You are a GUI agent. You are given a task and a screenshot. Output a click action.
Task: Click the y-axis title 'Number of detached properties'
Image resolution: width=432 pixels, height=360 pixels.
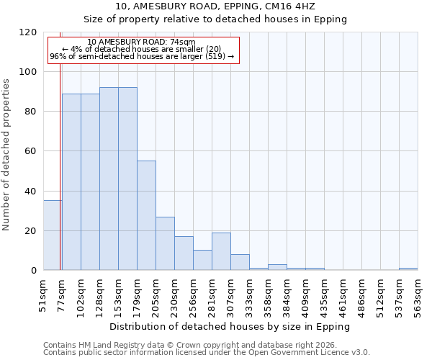6,154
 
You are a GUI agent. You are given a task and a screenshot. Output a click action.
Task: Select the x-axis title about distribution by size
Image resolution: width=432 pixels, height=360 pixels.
230,326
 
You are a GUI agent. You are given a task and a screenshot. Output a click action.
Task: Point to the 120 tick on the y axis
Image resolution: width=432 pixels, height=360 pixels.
28,32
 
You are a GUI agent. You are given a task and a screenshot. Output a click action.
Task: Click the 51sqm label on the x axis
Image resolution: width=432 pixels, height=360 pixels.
43,297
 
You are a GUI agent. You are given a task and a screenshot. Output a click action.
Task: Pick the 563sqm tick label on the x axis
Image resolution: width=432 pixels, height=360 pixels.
418,297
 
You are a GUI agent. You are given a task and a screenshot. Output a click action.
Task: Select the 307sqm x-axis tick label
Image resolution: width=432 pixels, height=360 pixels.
230,297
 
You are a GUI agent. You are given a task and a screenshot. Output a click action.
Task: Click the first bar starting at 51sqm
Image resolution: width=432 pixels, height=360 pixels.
53,235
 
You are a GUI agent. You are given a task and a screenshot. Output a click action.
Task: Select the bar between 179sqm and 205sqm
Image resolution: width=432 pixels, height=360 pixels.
146,216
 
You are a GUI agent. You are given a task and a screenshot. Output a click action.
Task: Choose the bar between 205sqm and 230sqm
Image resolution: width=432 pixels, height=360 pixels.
165,243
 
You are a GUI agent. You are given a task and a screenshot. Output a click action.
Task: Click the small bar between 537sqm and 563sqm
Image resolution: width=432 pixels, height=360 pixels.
408,269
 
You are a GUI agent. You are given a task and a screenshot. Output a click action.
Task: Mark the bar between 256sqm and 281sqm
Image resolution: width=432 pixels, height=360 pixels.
202,260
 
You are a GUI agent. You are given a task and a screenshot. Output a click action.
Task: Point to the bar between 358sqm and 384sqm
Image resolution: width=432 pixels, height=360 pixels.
277,267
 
